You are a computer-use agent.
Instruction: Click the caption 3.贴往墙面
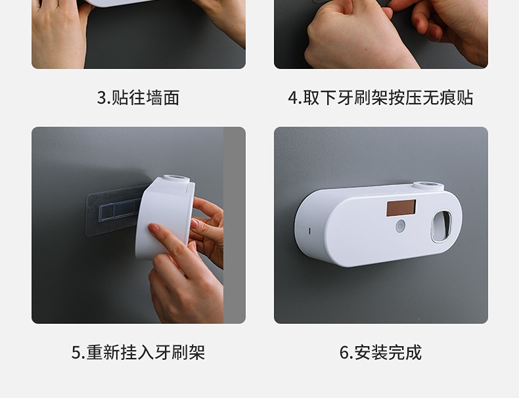click(x=139, y=98)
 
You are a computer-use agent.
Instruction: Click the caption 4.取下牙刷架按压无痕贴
click(x=380, y=98)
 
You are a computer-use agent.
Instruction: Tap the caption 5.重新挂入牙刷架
click(x=139, y=352)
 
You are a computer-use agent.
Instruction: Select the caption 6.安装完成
click(x=380, y=352)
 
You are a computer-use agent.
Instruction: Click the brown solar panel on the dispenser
click(x=401, y=208)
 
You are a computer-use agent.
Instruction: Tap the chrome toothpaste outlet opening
click(x=441, y=227)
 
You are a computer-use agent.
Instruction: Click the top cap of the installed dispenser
click(x=428, y=186)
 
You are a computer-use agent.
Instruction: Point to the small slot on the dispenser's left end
click(x=310, y=231)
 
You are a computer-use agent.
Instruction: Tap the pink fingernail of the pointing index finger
click(x=153, y=228)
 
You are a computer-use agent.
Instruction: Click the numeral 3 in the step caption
click(x=101, y=98)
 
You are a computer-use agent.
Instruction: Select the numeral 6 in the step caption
click(x=344, y=353)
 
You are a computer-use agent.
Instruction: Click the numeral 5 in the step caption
click(x=76, y=353)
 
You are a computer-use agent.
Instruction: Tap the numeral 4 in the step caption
click(x=292, y=98)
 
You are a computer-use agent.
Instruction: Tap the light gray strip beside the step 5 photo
click(x=235, y=225)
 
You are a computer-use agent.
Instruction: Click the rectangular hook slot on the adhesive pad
click(x=121, y=210)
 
